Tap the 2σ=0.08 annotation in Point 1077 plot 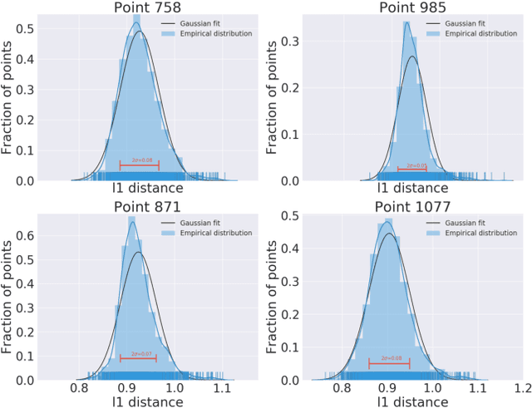click(391, 358)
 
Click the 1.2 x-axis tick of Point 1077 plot click(522, 387)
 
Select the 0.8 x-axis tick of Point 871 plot click(80, 387)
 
